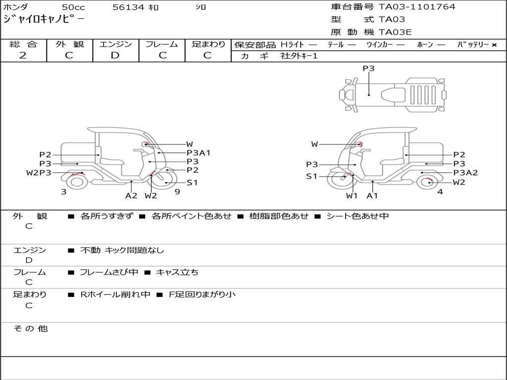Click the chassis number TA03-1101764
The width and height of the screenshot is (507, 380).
(417, 7)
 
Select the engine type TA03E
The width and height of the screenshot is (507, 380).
(395, 32)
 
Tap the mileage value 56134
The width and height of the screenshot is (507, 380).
(128, 7)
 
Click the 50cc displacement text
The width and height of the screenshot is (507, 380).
(74, 7)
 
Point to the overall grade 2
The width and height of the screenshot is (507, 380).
(23, 55)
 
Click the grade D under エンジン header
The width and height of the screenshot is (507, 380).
(115, 55)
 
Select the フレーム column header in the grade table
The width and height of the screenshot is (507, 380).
(162, 44)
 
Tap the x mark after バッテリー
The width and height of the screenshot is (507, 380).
(494, 45)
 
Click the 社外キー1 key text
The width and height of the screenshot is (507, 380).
(299, 56)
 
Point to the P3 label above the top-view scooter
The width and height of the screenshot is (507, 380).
(368, 68)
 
